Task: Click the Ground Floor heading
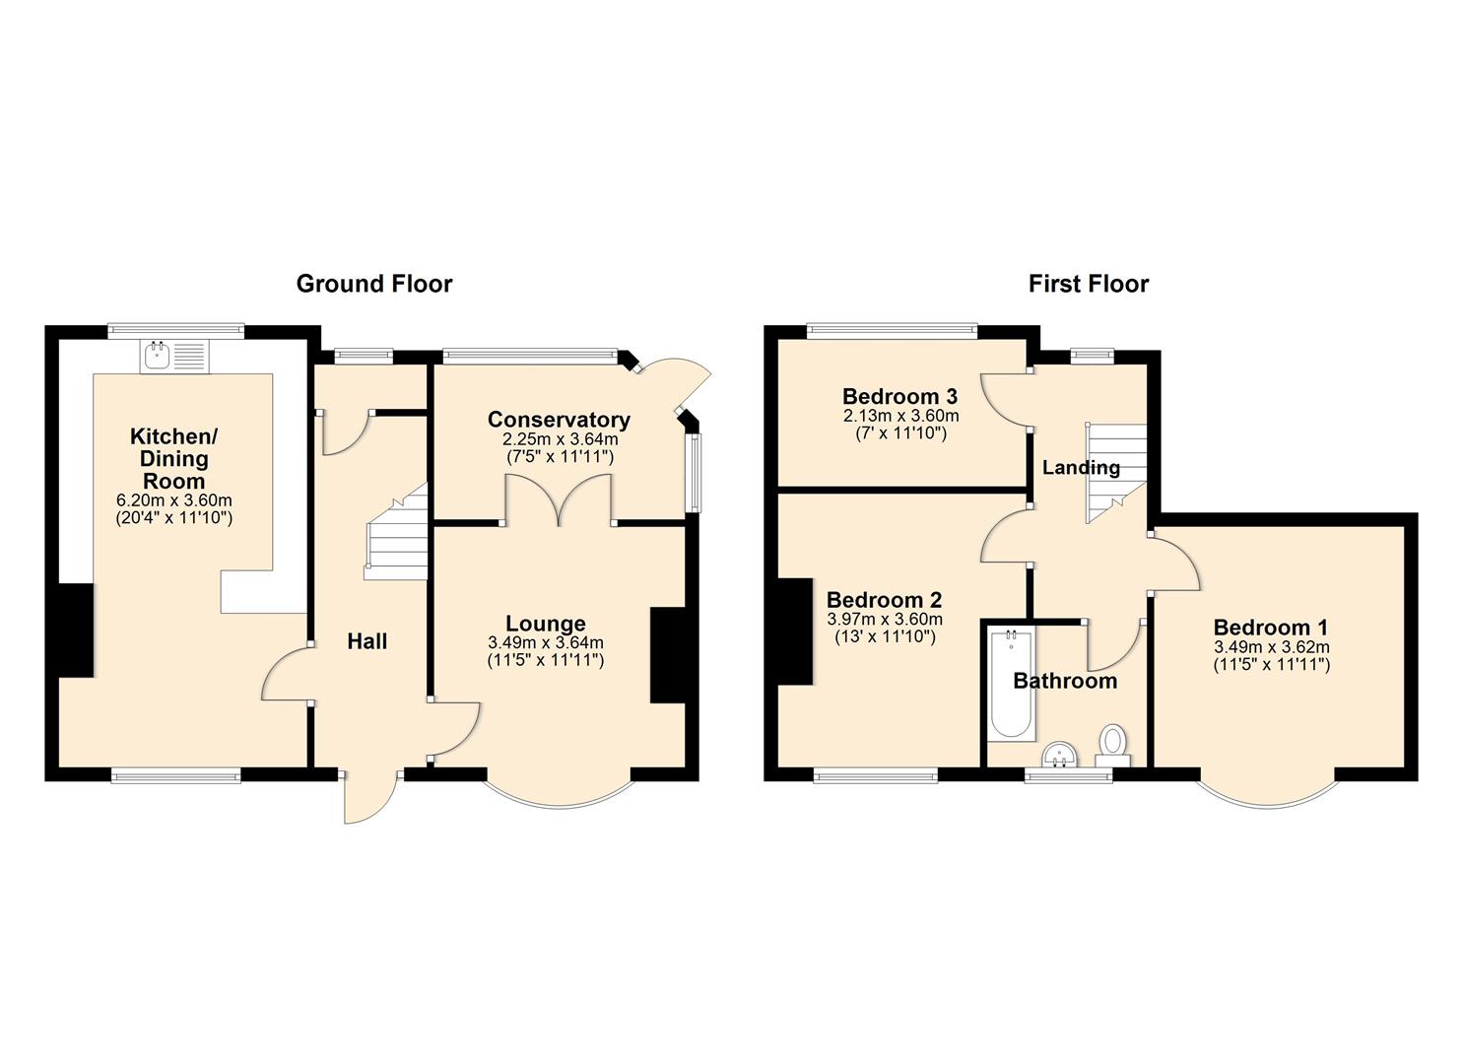[373, 284]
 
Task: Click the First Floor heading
[1088, 284]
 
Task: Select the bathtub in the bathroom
[1011, 686]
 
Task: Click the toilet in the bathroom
[1113, 745]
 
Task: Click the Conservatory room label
[558, 420]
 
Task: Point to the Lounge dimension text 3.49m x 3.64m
[545, 642]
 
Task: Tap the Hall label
[366, 641]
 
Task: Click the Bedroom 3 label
[899, 396]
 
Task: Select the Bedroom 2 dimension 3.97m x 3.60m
[884, 620]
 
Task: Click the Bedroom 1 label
[1270, 628]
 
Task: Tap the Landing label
[1081, 467]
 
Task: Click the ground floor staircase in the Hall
[396, 538]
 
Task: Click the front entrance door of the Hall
[370, 796]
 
